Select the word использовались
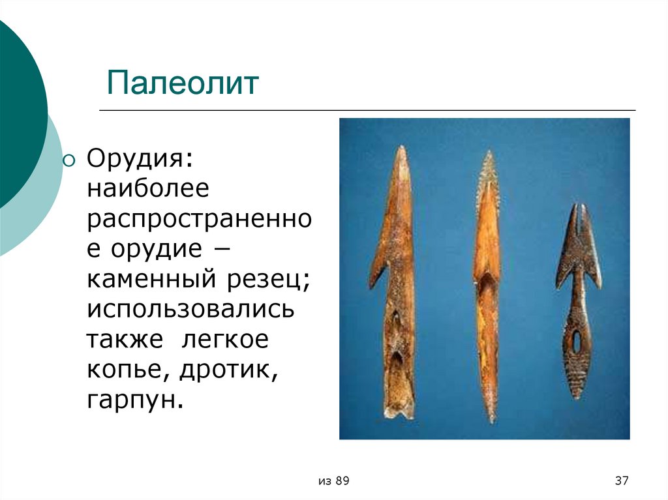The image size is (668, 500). [x=190, y=309]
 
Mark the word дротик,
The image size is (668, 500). [x=226, y=370]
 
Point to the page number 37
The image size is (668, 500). [x=621, y=481]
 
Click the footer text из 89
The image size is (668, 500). [x=335, y=481]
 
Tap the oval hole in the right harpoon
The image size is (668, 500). [x=576, y=341]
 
